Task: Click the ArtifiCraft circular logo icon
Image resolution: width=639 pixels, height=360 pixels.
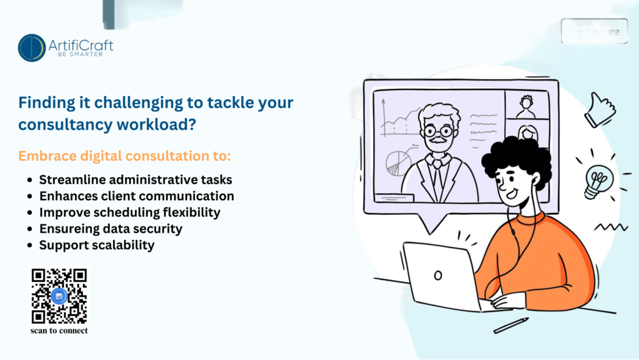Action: (32, 48)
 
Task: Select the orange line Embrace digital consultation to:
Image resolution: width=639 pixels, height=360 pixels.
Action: (124, 156)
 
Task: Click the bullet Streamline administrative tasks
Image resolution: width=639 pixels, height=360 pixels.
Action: (135, 180)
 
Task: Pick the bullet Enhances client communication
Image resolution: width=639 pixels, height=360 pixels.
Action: (136, 196)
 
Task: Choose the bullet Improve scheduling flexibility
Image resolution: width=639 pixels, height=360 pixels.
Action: (130, 212)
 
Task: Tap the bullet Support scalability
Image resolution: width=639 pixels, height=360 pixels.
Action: (96, 245)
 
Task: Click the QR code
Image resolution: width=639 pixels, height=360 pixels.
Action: (59, 295)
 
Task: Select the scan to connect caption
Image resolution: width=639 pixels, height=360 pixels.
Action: (59, 331)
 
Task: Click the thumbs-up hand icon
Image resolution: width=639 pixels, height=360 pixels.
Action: (599, 109)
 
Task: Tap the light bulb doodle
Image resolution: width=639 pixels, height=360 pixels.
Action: (595, 181)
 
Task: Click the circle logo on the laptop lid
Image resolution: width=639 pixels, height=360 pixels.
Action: (438, 276)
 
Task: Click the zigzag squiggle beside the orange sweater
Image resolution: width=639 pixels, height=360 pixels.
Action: (610, 227)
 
